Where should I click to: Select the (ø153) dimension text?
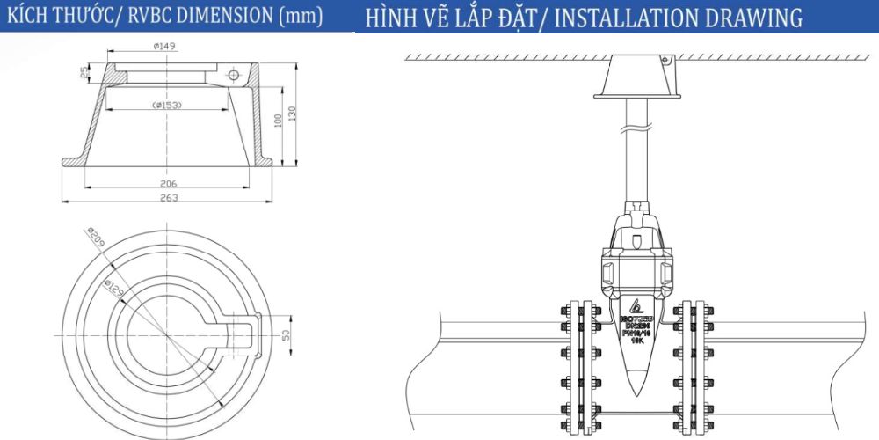coord(167,106)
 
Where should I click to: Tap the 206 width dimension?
coord(170,183)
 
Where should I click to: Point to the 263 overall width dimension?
coord(170,198)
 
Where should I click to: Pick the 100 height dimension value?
coord(279,120)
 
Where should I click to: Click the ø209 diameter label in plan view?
coord(94,238)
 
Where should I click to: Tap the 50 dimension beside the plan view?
coord(286,334)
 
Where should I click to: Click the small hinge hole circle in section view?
coord(234,75)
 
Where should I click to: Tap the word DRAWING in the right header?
coord(759,18)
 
